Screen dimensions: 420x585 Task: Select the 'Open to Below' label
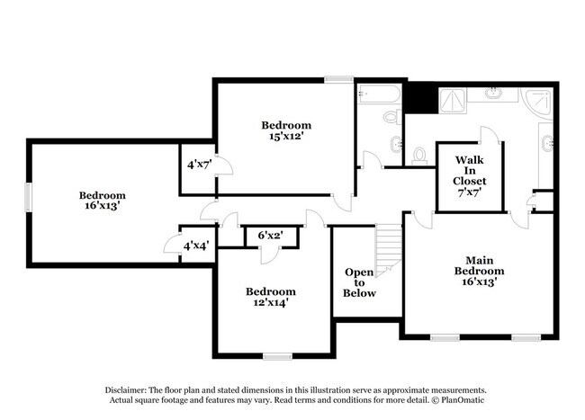tap(360, 282)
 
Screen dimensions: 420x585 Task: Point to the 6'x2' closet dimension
tap(271, 236)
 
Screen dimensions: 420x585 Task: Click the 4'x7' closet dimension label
tap(197, 165)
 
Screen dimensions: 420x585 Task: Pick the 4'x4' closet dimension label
tap(194, 246)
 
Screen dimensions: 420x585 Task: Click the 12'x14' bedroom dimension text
tap(270, 303)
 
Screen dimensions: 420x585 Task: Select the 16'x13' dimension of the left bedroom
tap(101, 206)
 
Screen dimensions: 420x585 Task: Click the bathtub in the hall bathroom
tap(376, 94)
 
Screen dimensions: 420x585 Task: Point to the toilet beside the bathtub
tap(391, 117)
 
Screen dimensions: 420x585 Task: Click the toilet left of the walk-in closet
tap(419, 156)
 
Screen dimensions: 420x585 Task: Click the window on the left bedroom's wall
tap(28, 197)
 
